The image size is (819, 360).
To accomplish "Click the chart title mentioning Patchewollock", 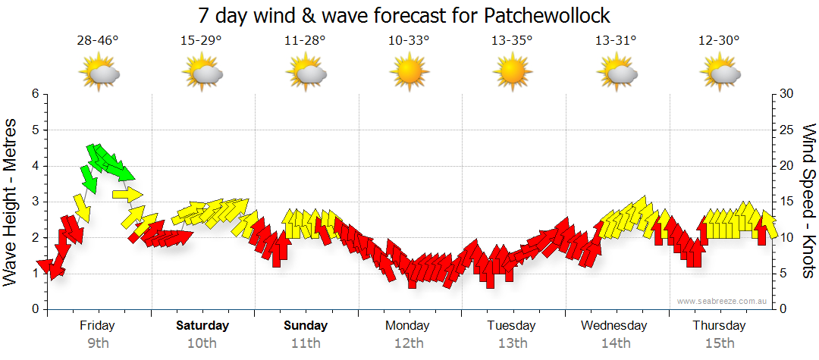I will coord(403,16).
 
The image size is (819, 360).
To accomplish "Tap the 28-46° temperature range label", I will coord(98,41).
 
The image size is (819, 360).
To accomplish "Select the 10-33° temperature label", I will coord(409,41).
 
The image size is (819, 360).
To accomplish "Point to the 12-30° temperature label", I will coord(719,41).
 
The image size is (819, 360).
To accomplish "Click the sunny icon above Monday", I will coord(409,73).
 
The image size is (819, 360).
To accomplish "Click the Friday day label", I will coord(98,326).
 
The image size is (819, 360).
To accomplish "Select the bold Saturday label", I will coord(202,326).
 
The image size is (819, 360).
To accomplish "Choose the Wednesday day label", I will coord(614,326).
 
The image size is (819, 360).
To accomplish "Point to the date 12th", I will coord(409,343).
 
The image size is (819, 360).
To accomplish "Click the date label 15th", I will coord(719,343).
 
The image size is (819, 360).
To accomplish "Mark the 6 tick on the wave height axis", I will coord(34,94).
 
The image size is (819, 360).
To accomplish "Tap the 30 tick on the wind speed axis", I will coord(786,94).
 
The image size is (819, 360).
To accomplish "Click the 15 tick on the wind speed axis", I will coord(786,202).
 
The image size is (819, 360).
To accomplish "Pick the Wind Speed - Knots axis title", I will coord(809,201).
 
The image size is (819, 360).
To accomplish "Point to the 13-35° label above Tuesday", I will coord(513,41).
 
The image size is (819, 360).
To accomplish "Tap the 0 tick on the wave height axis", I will coord(34,309).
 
